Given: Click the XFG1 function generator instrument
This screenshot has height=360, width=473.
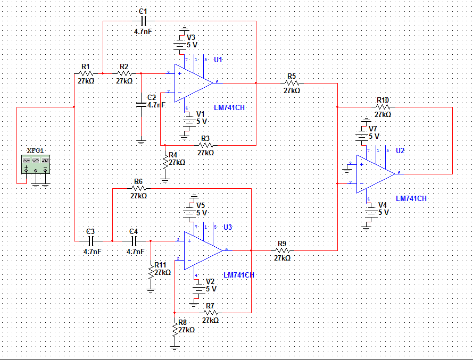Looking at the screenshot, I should click(36, 164).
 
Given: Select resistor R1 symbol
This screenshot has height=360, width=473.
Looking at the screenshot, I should click(85, 73).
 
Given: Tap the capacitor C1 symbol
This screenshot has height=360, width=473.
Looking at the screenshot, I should click(143, 21).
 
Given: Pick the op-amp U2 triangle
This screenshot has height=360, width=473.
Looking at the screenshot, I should click(375, 173).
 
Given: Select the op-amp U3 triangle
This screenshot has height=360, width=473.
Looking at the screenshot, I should click(203, 249).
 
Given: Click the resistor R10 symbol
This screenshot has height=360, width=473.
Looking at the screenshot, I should click(383, 107).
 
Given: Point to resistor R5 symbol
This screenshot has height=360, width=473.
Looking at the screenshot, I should click(292, 83).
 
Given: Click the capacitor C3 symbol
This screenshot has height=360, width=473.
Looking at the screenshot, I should click(90, 240).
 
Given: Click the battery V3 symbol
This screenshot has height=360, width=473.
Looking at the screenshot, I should click(184, 43).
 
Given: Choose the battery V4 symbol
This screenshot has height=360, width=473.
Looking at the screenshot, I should click(367, 213).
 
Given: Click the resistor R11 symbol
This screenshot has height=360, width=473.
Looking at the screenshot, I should click(151, 271).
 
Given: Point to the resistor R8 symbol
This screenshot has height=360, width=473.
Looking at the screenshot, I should click(175, 328).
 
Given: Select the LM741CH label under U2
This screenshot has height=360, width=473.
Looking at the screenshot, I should click(411, 198).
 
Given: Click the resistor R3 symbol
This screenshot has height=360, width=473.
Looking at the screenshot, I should click(205, 145).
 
